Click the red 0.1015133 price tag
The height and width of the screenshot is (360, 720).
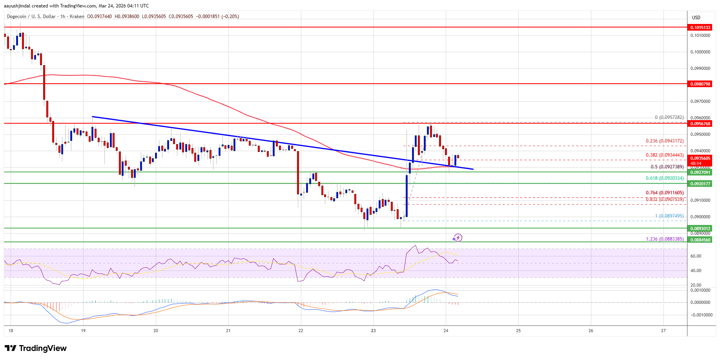700,27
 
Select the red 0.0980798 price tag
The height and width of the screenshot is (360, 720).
700,84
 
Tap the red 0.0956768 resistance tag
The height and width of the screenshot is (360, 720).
700,124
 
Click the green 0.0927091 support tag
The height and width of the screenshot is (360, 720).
700,172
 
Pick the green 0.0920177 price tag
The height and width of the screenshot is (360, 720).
700,184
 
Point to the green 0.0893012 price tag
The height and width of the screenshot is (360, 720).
700,228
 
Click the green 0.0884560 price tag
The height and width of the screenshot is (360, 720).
700,240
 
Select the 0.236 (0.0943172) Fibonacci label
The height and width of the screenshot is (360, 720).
665,141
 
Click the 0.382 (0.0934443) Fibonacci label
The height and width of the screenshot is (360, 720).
665,155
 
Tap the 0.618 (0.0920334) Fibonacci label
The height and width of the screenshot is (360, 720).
665,178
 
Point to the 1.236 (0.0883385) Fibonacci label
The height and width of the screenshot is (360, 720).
665,239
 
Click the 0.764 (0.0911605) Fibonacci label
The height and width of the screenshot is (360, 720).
665,193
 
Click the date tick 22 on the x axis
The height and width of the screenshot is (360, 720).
301,331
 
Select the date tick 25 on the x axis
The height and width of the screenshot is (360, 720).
518,331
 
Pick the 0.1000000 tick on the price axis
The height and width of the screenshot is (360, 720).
700,52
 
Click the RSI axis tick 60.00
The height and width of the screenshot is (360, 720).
696,256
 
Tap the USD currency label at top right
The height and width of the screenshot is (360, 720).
696,18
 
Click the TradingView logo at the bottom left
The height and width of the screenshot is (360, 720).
36,348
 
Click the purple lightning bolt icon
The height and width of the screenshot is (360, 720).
457,238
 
